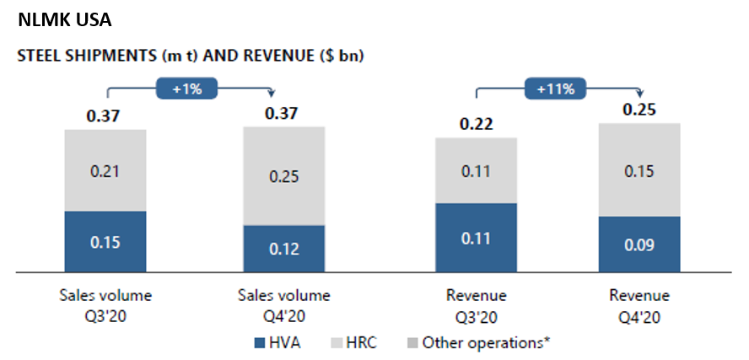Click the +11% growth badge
click(556, 88)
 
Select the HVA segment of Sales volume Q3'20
click(105, 242)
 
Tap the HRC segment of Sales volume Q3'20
click(105, 171)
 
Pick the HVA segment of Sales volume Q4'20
click(284, 249)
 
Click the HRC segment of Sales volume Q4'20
click(284, 176)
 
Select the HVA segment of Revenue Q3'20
click(476, 238)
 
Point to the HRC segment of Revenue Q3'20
click(476, 171)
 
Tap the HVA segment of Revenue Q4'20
click(639, 244)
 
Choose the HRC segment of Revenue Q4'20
click(639, 171)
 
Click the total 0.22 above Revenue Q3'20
click(476, 124)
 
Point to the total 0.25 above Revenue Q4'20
click(639, 110)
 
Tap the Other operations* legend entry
click(477, 342)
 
